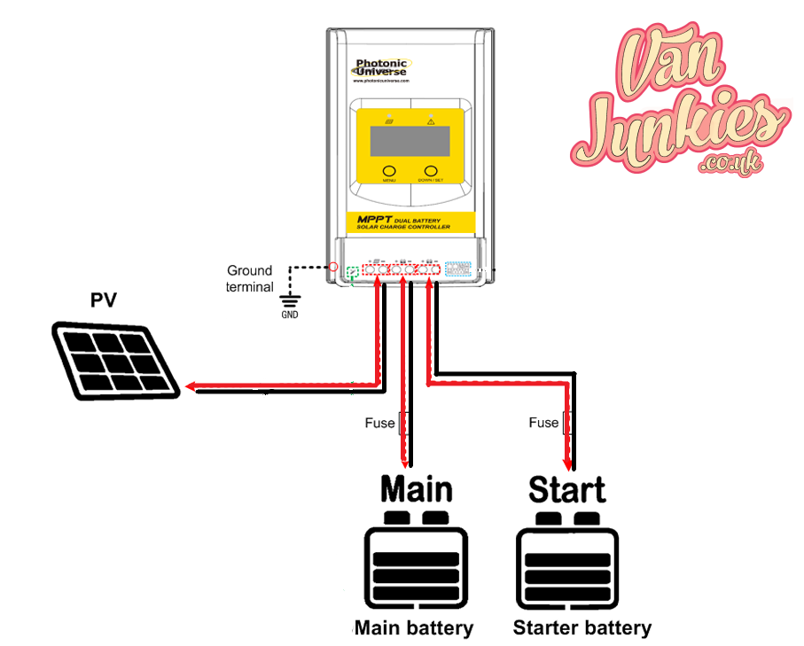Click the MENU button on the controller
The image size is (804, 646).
(388, 171)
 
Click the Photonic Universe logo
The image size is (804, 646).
(381, 69)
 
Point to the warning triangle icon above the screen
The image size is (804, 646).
(431, 120)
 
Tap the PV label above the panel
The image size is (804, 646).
(104, 300)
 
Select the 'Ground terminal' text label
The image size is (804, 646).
(251, 278)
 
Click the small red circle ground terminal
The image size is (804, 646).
(333, 266)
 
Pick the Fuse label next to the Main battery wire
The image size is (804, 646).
(379, 423)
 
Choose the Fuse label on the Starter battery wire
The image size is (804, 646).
(543, 423)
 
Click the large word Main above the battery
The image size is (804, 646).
(417, 490)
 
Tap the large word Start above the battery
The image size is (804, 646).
(566, 490)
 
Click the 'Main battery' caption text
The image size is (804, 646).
(414, 628)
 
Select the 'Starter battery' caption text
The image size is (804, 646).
(582, 628)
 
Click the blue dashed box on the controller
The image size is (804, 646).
(458, 269)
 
